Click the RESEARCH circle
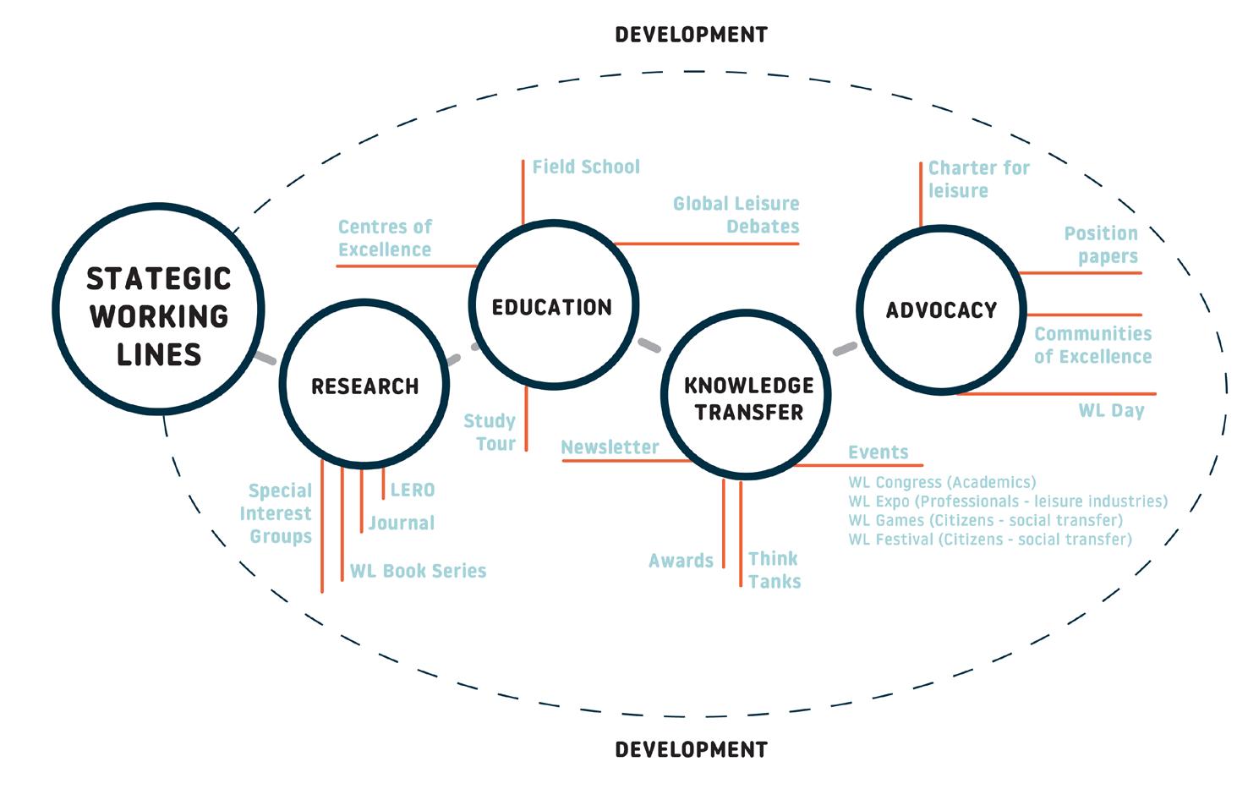[x=364, y=385]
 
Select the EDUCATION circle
[x=553, y=306]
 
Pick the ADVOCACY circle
[x=941, y=310]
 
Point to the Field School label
[x=585, y=167]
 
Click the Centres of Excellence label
[x=385, y=238]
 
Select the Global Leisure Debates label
[x=736, y=215]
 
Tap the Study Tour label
[x=490, y=432]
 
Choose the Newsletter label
[x=610, y=447]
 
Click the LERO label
[x=413, y=490]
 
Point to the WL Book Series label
[x=419, y=571]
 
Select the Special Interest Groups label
[x=276, y=513]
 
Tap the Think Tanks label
[x=774, y=570]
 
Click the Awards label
[x=681, y=561]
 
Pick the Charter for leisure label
[x=978, y=179]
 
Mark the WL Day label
[x=1111, y=411]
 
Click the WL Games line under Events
[x=985, y=520]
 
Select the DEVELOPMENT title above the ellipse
[x=691, y=35]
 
